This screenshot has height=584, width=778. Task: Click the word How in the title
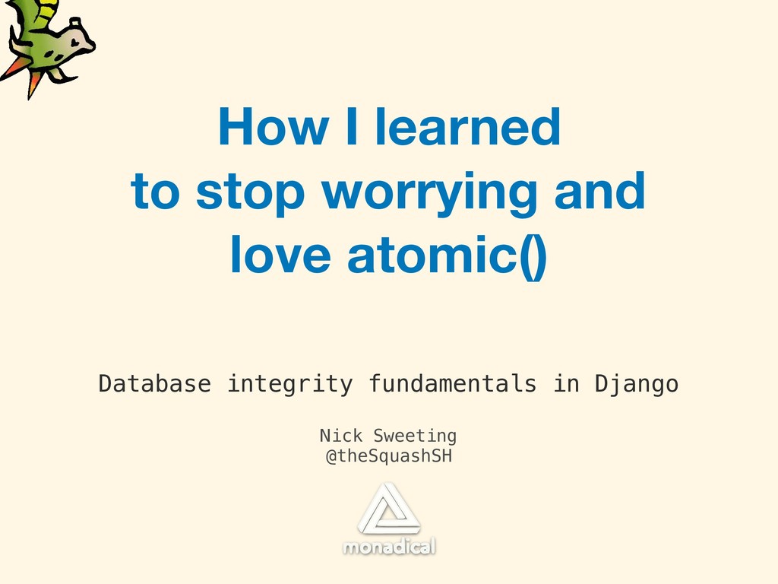tap(273, 127)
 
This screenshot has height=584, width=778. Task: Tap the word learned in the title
tap(468, 127)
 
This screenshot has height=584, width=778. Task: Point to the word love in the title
tap(280, 254)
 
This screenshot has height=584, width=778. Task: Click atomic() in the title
tap(447, 256)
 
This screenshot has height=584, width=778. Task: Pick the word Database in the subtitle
tap(155, 384)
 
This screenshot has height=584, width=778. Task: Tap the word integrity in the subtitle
tap(289, 385)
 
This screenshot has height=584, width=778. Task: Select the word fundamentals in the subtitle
tap(453, 384)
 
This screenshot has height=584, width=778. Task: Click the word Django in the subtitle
tap(637, 385)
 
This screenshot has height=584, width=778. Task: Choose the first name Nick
tap(341, 436)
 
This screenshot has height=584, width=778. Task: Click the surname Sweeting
tap(415, 436)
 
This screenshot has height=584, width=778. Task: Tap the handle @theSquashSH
tap(389, 456)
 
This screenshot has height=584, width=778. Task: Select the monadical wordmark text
tap(389, 546)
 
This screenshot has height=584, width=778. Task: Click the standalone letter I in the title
tap(351, 127)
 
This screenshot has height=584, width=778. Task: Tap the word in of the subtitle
tap(565, 384)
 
